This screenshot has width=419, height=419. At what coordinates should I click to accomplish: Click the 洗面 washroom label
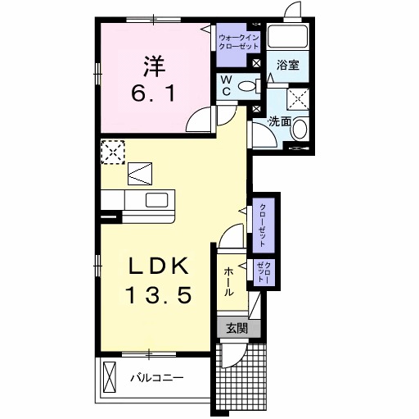click(280, 121)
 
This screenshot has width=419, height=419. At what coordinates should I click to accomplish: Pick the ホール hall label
click(228, 280)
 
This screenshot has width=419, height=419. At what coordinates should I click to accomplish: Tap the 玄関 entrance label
click(237, 328)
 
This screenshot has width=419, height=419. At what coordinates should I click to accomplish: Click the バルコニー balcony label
click(156, 378)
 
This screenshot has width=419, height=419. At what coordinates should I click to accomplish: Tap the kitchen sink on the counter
click(156, 200)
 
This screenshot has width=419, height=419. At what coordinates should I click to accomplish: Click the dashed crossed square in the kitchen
click(112, 151)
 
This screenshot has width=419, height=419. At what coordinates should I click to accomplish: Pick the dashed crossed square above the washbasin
click(298, 98)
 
